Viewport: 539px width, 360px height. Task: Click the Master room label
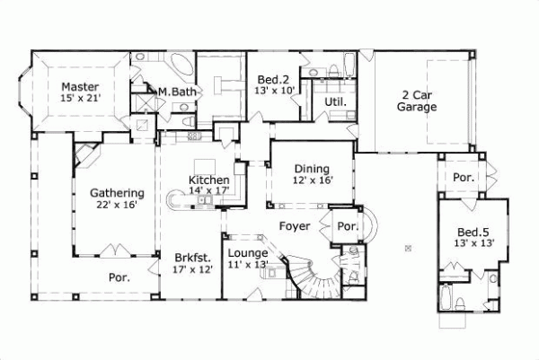coord(80,87)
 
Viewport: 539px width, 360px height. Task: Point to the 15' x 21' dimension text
coord(80,99)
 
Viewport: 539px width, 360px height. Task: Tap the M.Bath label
coord(176,92)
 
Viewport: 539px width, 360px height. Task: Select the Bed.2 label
coord(270,79)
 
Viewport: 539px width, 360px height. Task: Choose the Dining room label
coord(312,169)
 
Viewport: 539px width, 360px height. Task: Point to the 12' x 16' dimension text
coord(312,180)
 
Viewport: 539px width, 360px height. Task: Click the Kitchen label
coord(208,180)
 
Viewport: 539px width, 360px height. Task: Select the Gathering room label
coord(117,192)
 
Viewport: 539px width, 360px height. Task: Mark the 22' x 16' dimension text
coord(117,205)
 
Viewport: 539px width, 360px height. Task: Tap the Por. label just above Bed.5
coord(463,178)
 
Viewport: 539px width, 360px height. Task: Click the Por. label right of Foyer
coord(346,226)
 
